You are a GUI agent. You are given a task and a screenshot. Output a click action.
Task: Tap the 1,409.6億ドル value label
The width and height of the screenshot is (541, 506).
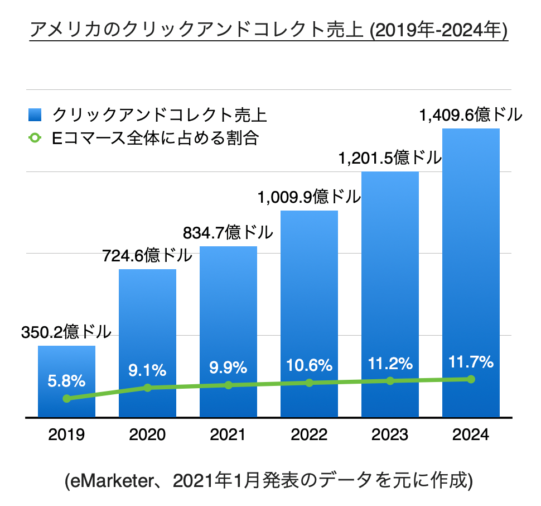click(471, 116)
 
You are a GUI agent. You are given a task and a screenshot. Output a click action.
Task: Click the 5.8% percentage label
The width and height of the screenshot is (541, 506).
click(66, 382)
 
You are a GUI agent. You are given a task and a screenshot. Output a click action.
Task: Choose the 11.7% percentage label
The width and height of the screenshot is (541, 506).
click(471, 362)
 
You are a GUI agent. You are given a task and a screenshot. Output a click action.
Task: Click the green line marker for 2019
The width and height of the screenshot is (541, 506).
click(67, 398)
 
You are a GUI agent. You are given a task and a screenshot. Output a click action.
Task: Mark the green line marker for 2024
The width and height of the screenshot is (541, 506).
click(471, 379)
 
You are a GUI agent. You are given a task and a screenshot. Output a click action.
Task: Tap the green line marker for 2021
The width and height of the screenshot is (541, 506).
click(228, 385)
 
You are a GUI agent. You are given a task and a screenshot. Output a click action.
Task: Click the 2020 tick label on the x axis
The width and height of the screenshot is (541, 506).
click(147, 435)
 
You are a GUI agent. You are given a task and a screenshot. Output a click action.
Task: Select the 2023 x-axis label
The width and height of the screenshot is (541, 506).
click(390, 435)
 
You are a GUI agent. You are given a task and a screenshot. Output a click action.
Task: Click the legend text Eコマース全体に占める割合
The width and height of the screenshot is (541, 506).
click(155, 137)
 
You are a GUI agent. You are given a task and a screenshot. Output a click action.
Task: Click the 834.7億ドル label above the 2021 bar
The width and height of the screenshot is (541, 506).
click(228, 232)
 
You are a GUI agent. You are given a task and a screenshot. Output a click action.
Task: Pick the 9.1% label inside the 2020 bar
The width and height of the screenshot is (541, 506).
click(147, 369)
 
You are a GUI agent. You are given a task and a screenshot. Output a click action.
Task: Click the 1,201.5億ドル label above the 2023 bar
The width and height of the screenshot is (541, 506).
click(390, 158)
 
